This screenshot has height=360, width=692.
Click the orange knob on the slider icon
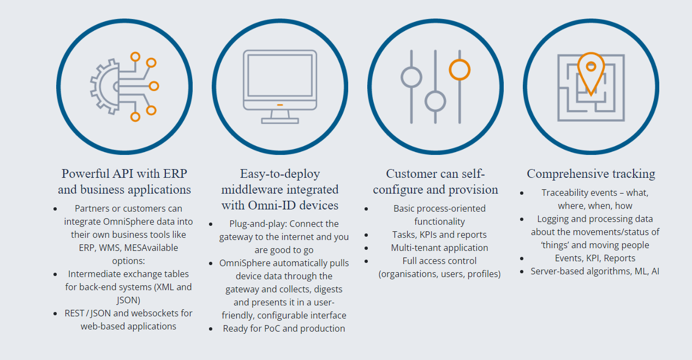click(x=460, y=69)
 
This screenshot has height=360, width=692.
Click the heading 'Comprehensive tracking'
click(x=591, y=174)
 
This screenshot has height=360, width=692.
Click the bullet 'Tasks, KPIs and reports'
click(x=439, y=235)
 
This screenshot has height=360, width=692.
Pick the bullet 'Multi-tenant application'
click(x=439, y=248)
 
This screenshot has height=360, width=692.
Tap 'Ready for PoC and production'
click(x=284, y=328)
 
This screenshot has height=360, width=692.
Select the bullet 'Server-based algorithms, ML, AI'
click(x=595, y=271)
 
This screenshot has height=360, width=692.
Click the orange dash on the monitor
click(x=280, y=104)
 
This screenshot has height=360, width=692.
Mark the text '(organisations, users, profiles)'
click(x=439, y=274)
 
